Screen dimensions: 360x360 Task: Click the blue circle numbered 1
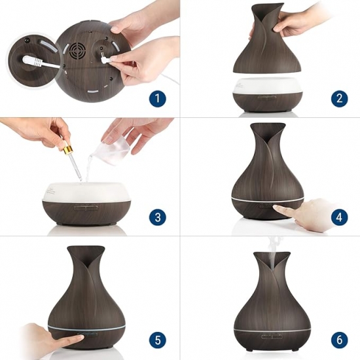coord(158,99)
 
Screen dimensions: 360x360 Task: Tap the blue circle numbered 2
coord(339,99)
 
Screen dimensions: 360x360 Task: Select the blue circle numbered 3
coord(158,217)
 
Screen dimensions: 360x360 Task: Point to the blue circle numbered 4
coord(339,217)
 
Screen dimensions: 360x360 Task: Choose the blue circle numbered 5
coord(158,340)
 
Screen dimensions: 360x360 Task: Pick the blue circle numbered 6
coord(339,340)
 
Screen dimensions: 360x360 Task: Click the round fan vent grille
coord(77,51)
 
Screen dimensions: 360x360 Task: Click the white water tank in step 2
coord(268,85)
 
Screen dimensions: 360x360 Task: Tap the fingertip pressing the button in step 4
coord(277,207)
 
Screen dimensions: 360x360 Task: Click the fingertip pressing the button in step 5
coord(79,338)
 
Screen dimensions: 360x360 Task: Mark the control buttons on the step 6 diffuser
coord(270,337)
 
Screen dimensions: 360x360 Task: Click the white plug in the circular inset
coord(33,61)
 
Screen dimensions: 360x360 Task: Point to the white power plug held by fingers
coord(105,59)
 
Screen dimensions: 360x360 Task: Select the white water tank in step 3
coord(87,191)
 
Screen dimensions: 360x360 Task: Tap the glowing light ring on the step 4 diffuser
coord(268,198)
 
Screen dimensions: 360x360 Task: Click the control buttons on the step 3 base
coord(86,208)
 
